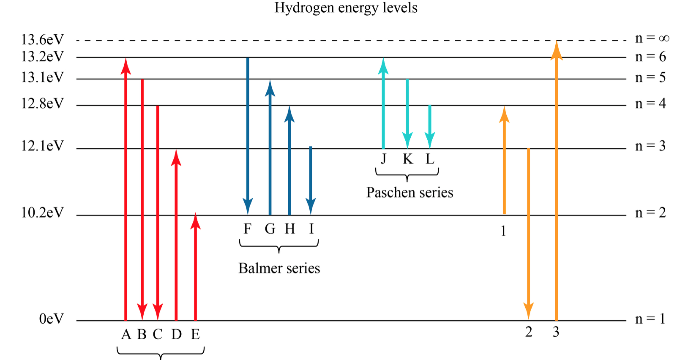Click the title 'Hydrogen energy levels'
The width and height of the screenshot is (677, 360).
click(346, 8)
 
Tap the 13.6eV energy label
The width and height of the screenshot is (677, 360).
click(42, 40)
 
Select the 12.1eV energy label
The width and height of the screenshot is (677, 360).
click(42, 146)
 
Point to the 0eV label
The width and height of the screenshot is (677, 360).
click(52, 319)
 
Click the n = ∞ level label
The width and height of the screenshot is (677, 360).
click(652, 38)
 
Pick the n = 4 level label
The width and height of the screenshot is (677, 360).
click(650, 104)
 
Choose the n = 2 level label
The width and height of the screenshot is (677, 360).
click(650, 213)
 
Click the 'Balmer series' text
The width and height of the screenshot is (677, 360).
click(279, 268)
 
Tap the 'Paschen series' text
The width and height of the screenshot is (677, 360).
click(410, 193)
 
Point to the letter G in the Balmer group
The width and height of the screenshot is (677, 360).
click(270, 229)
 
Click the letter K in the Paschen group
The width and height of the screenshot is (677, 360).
click(408, 159)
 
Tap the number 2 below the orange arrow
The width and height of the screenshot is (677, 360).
click(529, 332)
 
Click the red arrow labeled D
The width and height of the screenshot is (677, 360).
click(176, 235)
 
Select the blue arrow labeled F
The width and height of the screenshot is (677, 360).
click(248, 136)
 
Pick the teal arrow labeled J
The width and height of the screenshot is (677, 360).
click(383, 103)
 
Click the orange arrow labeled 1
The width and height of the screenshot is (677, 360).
click(504, 160)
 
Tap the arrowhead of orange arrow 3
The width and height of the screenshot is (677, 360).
click(557, 50)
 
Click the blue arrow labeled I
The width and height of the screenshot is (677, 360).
click(311, 180)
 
